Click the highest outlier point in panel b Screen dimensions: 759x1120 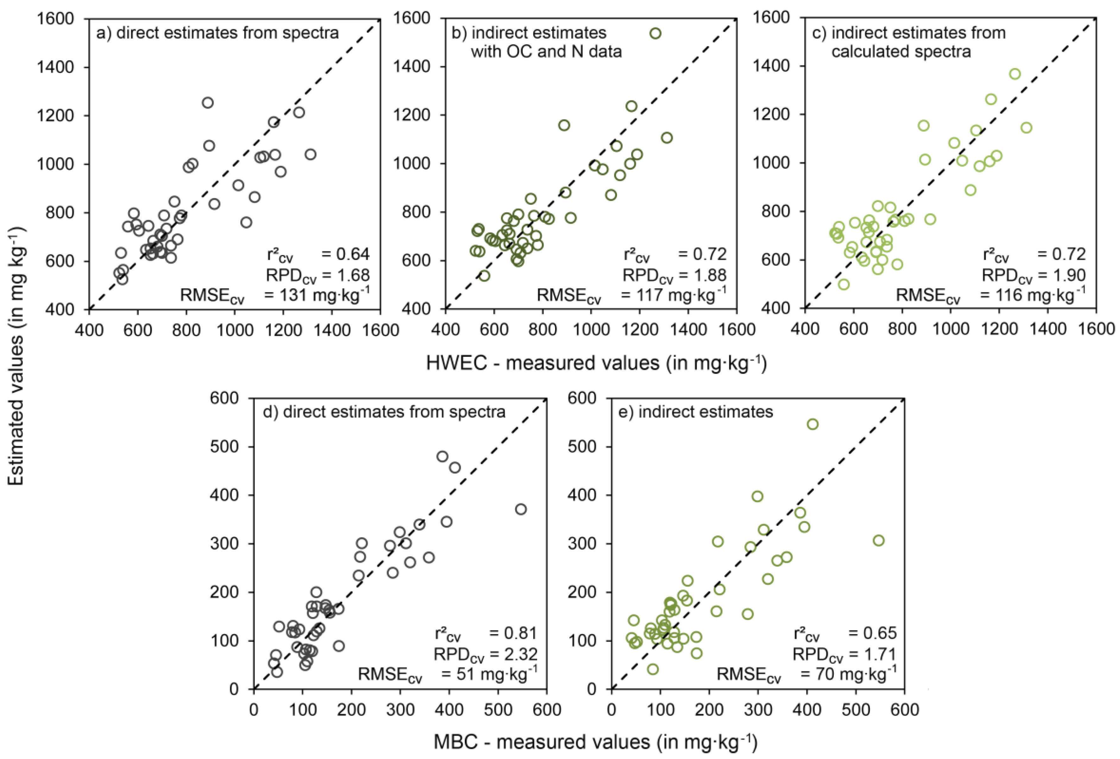[655, 33]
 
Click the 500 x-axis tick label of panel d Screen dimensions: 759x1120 [498, 710]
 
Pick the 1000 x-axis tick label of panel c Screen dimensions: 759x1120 [950, 329]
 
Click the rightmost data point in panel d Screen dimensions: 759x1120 [521, 509]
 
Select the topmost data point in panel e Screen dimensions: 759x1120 [813, 424]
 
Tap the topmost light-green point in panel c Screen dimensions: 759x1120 [1015, 74]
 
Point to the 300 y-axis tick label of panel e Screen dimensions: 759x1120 [584, 544]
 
